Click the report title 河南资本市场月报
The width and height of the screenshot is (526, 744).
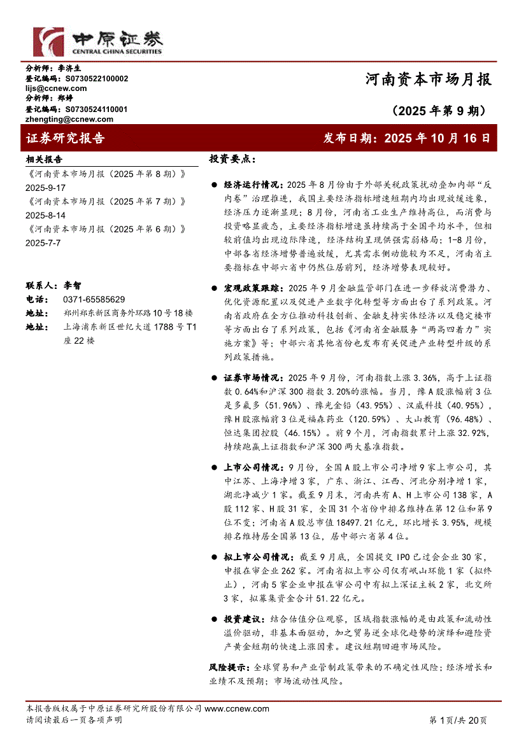tap(428, 80)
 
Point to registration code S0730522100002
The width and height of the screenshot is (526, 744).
tap(96, 78)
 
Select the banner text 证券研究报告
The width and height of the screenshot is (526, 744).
tap(65, 138)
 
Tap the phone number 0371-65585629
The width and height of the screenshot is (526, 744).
tap(94, 299)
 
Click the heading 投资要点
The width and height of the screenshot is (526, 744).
tap(232, 159)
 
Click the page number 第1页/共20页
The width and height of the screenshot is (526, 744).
tap(458, 720)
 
